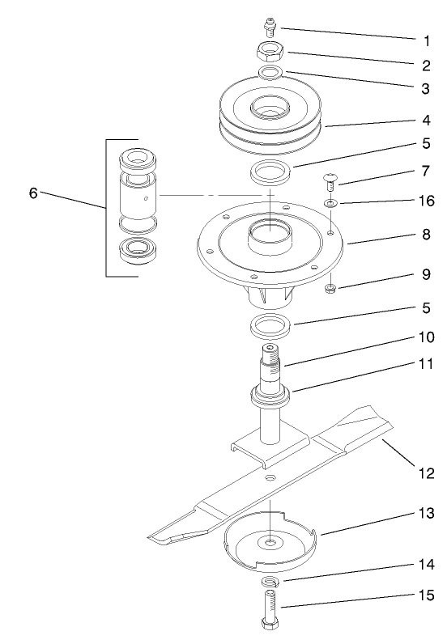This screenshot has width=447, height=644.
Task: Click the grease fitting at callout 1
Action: pos(270,31)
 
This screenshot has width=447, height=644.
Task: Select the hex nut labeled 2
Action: pos(270,53)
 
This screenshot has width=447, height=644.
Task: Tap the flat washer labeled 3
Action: pos(270,74)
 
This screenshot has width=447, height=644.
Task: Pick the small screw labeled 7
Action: pos(330,180)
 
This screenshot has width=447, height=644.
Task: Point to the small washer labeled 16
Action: pos(330,202)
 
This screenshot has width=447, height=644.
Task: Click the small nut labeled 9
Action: pos(330,287)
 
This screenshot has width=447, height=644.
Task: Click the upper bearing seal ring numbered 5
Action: pos(270,172)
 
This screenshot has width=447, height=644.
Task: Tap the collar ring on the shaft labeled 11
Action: pos(270,396)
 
